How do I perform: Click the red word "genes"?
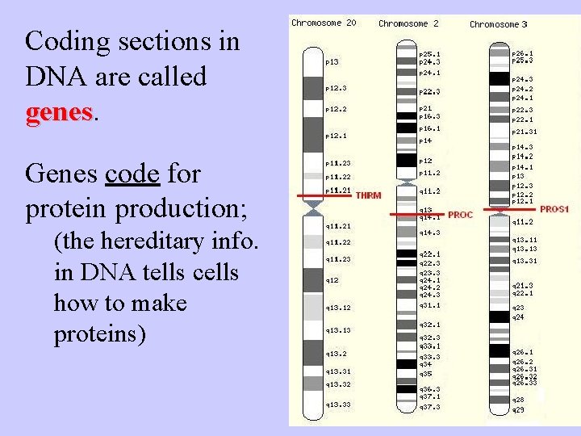pos(60,113)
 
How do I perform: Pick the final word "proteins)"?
pos(100,334)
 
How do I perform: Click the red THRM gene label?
pos(368,195)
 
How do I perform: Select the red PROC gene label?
pos(460,215)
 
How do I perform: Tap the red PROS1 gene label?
pos(554,208)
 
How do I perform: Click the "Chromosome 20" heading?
pos(323,23)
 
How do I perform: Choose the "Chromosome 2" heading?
pos(408,23)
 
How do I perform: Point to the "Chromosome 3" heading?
pos(499,24)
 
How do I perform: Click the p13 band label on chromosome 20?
pos(332,61)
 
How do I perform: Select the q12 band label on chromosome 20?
pos(332,279)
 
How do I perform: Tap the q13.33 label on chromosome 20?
pos(337,404)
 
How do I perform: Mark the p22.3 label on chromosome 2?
pos(428,91)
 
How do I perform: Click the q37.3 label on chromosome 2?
pos(428,407)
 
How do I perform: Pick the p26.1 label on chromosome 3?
pos(522,53)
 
